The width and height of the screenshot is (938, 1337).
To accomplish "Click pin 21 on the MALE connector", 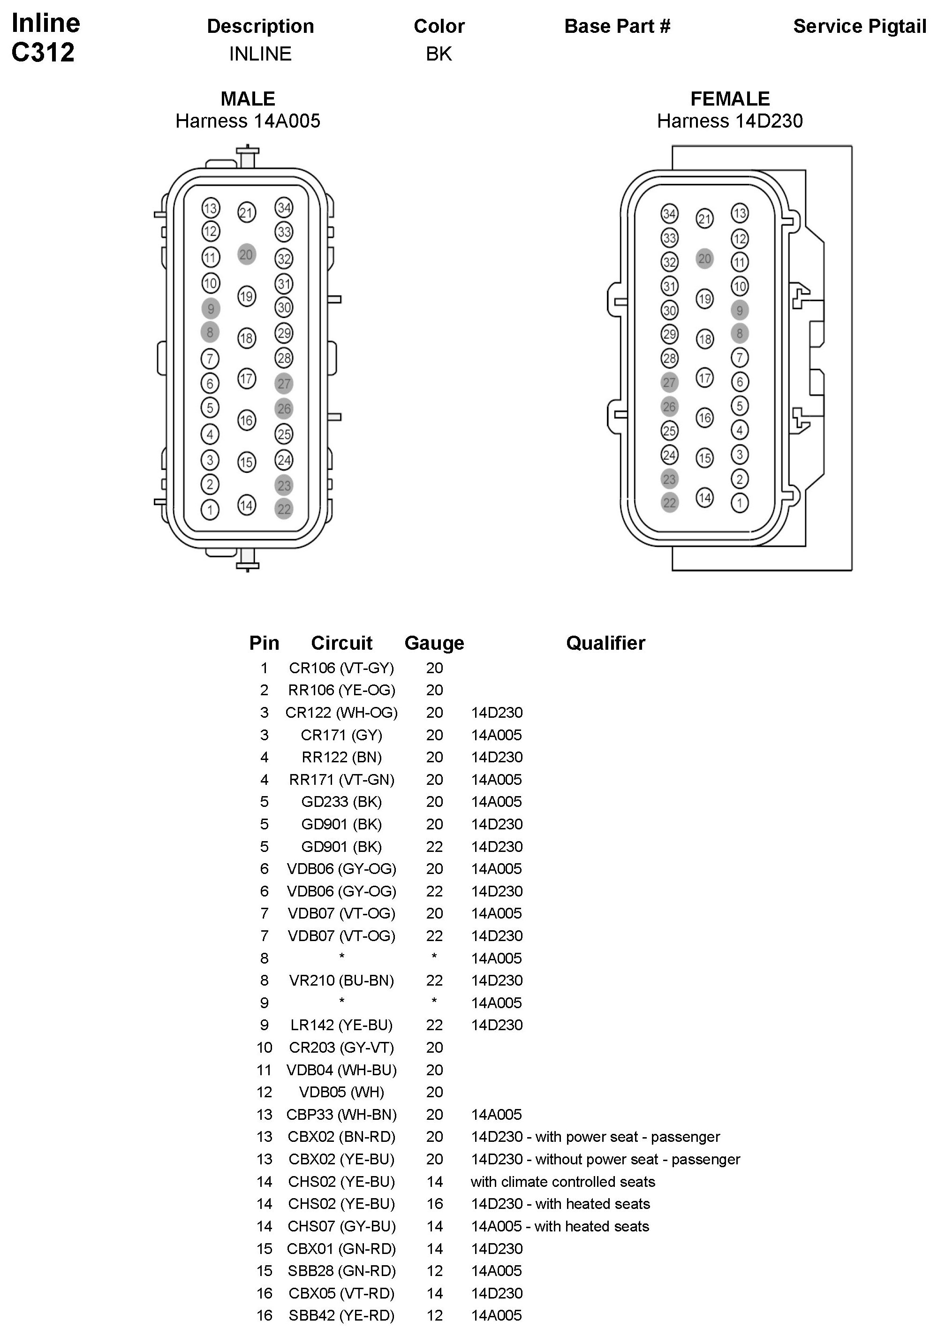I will (x=246, y=213).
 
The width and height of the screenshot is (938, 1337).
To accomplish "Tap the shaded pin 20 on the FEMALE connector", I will (x=704, y=258).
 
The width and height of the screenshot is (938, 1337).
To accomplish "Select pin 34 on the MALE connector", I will (x=284, y=207).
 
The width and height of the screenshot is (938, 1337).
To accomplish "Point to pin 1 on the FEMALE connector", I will (x=740, y=502).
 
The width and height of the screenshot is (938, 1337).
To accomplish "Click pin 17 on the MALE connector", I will (x=246, y=379).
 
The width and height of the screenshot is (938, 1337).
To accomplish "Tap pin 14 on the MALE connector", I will (x=246, y=505).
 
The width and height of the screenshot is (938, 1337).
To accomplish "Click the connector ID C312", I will (x=43, y=53).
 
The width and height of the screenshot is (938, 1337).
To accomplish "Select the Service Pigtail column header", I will (x=859, y=26).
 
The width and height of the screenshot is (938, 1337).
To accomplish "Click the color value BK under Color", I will (x=439, y=53).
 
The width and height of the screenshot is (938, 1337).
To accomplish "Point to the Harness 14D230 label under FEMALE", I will (x=730, y=121).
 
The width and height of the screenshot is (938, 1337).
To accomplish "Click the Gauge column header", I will (x=434, y=643).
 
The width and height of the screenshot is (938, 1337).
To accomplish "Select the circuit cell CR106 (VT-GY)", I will (x=341, y=668).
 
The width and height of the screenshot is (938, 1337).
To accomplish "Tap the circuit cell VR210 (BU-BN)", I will (x=341, y=980).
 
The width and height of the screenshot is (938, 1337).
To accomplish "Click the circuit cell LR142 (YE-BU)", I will (x=341, y=1025).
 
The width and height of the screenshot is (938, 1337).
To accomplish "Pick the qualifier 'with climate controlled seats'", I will (x=563, y=1182).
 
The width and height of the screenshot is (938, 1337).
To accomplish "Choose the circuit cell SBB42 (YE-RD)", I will (x=341, y=1315).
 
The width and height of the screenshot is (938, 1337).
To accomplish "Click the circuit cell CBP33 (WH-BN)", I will (x=341, y=1115).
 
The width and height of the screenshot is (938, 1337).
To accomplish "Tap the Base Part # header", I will (x=617, y=26).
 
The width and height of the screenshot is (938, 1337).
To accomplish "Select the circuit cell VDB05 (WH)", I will (x=341, y=1092).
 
